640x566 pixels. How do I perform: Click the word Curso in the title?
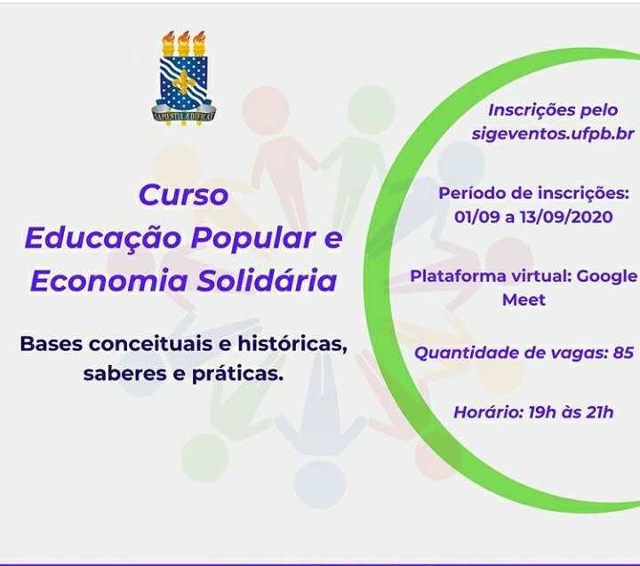(183, 195)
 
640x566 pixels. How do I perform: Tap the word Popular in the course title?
(253, 238)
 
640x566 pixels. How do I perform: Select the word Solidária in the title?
(267, 281)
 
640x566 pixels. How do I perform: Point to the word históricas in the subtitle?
(292, 344)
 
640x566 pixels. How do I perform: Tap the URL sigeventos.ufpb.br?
(553, 134)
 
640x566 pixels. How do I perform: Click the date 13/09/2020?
(566, 217)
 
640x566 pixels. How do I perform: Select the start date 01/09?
(477, 217)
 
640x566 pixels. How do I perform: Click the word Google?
(607, 277)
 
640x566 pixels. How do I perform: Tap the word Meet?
(524, 300)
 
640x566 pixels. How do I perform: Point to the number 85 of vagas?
(623, 353)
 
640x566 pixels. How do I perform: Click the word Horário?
(489, 412)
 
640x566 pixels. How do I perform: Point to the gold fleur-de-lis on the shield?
(184, 80)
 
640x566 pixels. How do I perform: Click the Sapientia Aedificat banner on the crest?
(184, 116)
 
